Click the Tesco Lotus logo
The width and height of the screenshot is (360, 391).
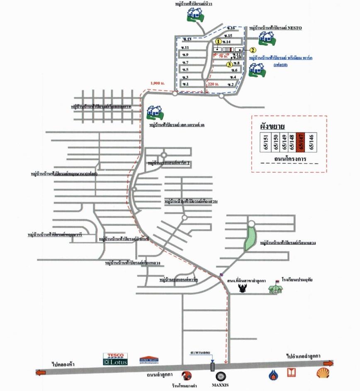pos(115,359)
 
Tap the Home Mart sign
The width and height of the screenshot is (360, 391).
pos(149,360)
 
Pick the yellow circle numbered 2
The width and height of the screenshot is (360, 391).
pos(253,50)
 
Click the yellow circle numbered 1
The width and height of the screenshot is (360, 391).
pos(218,42)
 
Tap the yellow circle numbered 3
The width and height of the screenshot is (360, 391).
pos(230,64)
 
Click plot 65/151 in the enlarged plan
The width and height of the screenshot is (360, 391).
pos(265,144)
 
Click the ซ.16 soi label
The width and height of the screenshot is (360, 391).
pos(231,28)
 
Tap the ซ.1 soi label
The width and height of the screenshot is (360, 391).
pos(185,84)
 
